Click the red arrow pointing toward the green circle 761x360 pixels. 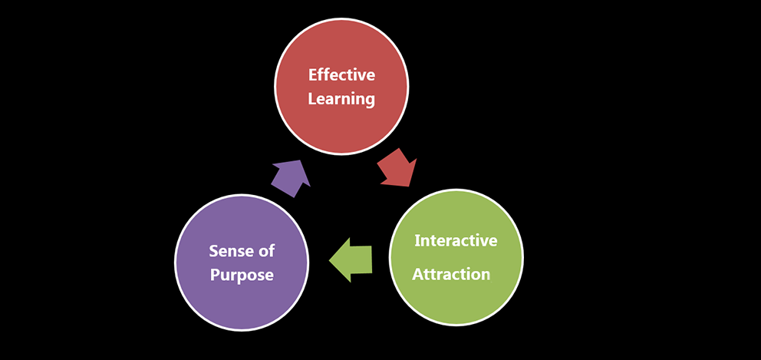[397, 169]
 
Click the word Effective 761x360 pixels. [341, 75]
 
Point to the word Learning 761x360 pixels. [341, 99]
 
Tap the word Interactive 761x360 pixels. [456, 240]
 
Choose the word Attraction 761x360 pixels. [451, 274]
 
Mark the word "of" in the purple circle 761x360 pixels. [267, 251]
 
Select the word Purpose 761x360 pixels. [242, 275]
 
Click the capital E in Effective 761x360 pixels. [312, 75]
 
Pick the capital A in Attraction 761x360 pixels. [418, 274]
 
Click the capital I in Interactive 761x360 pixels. [417, 240]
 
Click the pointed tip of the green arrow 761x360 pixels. [331, 261]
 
